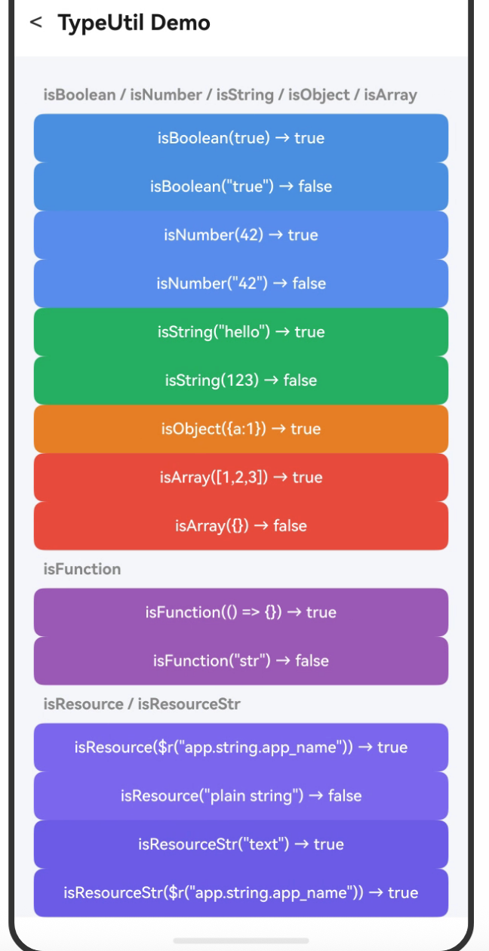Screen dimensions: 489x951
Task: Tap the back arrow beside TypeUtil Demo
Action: (x=35, y=22)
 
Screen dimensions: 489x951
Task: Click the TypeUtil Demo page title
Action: (x=134, y=23)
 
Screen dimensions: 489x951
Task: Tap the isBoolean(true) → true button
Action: (x=241, y=138)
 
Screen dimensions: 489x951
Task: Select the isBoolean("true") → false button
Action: (x=241, y=186)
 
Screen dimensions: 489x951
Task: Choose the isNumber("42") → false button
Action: (x=241, y=283)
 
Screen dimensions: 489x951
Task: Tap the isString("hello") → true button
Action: (x=241, y=331)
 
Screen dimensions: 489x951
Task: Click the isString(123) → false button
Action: (x=241, y=380)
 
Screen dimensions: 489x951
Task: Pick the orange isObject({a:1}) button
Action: (x=241, y=429)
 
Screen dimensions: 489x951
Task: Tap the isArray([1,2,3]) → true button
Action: (x=241, y=477)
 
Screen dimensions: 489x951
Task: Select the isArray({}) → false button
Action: (x=241, y=525)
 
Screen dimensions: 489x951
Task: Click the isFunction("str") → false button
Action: (x=241, y=660)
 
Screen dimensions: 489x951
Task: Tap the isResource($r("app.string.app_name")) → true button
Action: (x=241, y=747)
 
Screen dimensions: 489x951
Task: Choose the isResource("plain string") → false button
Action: (x=241, y=796)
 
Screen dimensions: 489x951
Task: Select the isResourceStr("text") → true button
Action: (x=241, y=844)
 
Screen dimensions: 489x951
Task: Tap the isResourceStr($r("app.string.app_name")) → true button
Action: (x=241, y=892)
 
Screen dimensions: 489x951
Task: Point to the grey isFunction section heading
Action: (x=82, y=569)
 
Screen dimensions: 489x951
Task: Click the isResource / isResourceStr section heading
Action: (x=142, y=704)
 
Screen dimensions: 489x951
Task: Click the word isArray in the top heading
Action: (x=391, y=95)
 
